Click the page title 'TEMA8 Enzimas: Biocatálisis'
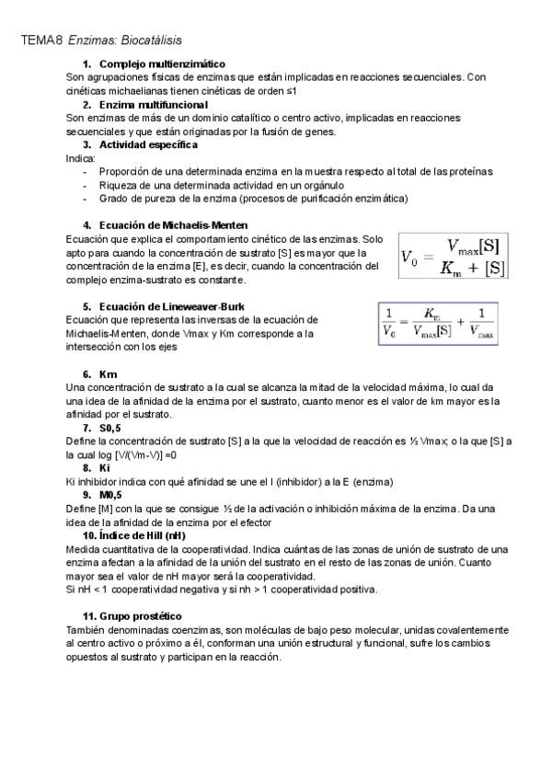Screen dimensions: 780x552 coord(101,40)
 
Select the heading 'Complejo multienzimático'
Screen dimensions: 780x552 coord(161,63)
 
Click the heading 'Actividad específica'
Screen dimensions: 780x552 coord(147,144)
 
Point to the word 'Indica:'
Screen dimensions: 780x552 coord(81,158)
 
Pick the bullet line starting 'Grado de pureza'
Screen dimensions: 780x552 coord(253,198)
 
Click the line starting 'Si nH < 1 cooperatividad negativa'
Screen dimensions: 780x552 coord(222,589)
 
